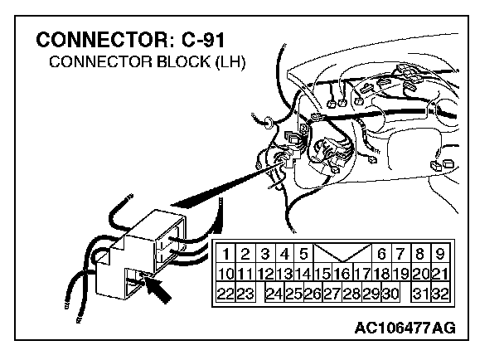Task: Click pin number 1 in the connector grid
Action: [x=225, y=254]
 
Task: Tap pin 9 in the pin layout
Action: [x=439, y=254]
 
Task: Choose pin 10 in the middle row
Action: [x=225, y=274]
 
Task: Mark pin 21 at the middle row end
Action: [x=439, y=274]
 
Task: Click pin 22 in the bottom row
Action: [x=225, y=294]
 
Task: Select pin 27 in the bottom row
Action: [x=332, y=294]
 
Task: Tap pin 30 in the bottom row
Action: [x=390, y=294]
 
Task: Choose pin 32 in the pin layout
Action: [x=439, y=294]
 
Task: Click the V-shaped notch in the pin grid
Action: [x=342, y=252]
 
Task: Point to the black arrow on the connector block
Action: [x=163, y=292]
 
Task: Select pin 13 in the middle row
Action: [x=283, y=274]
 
